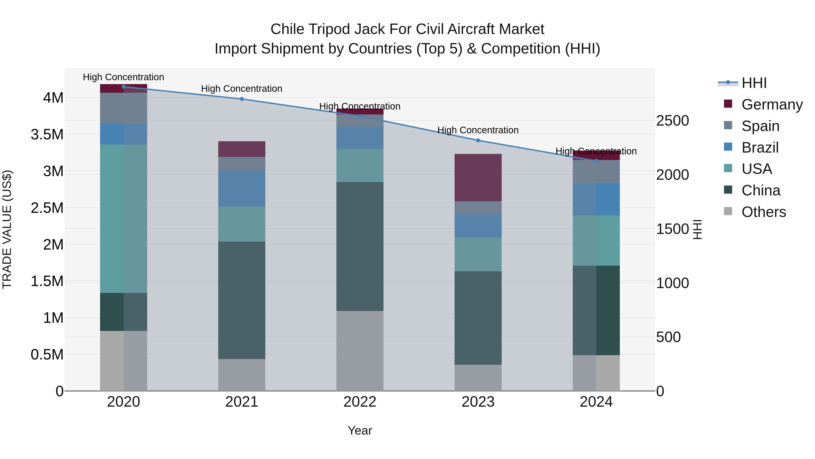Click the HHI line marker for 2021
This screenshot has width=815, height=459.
coord(242,99)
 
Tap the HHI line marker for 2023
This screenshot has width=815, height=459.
coord(478,140)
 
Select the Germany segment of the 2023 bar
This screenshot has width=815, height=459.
coord(478,177)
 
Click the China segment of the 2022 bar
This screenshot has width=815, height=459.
coord(360,246)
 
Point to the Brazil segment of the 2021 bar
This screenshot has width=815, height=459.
coord(242,189)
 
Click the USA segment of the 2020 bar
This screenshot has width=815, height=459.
coord(123,219)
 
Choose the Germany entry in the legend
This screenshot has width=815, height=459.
coord(772,104)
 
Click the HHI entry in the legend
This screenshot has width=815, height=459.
coord(754,83)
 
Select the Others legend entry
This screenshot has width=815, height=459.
coord(763,212)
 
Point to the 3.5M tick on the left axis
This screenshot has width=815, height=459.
coord(47,134)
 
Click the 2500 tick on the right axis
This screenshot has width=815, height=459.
coord(672,120)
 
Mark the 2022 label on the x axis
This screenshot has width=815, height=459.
coord(360,402)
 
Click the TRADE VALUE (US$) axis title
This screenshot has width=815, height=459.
coord(7,229)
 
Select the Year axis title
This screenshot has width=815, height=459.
coord(360,430)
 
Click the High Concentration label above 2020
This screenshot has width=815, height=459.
coord(123,77)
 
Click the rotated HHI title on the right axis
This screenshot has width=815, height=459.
coord(697,229)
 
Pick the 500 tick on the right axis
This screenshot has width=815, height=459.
coord(668,337)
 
